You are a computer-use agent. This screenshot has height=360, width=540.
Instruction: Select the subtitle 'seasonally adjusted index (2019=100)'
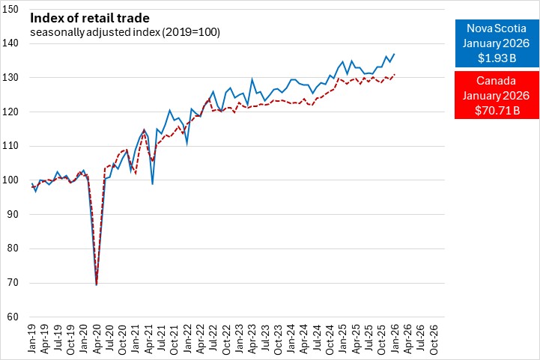(125, 32)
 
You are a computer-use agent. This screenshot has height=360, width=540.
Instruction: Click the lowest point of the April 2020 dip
(97, 284)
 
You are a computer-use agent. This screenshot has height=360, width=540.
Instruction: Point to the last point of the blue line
(394, 54)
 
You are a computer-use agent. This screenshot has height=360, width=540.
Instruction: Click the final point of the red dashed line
(394, 75)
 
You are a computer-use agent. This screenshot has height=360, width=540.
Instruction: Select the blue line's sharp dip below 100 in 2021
(152, 184)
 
